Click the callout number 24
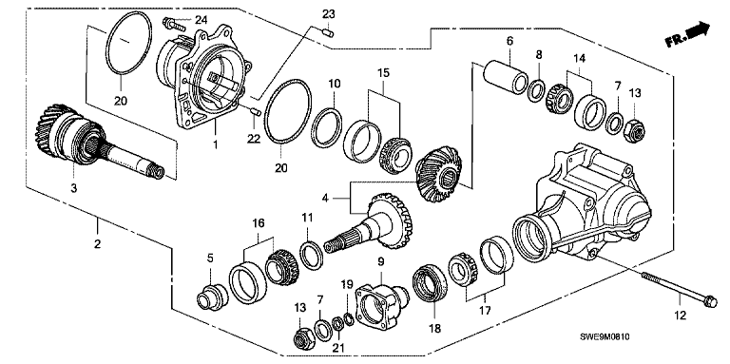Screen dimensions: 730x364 click(x=202, y=20)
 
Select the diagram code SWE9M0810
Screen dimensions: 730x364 click(x=607, y=337)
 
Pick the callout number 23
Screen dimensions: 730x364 click(x=328, y=15)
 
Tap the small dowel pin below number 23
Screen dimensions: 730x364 click(x=328, y=32)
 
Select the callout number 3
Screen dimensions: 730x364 click(x=74, y=188)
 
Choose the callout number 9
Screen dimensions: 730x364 click(x=381, y=262)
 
